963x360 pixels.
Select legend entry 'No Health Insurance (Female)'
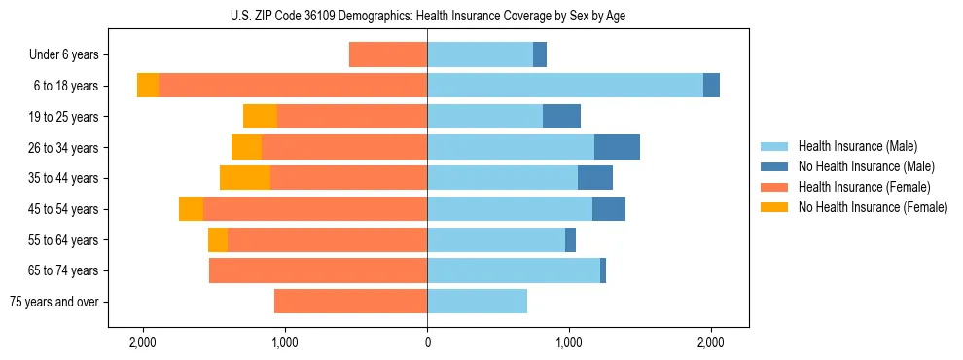tap(873, 207)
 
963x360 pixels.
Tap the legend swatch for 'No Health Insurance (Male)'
tap(775, 166)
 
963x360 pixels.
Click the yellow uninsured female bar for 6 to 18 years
tap(148, 86)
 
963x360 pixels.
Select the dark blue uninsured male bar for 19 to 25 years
tap(561, 117)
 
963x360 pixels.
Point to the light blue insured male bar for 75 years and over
tap(477, 302)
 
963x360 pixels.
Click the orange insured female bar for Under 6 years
tap(388, 55)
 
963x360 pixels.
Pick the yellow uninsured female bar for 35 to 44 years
tap(245, 178)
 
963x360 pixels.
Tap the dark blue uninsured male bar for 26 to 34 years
tap(617, 147)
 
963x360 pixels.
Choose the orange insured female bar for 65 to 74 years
tap(318, 270)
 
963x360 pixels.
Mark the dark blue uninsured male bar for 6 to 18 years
tap(711, 86)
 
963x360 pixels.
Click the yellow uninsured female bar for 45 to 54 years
tap(191, 209)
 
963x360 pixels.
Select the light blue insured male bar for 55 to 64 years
tap(496, 239)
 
